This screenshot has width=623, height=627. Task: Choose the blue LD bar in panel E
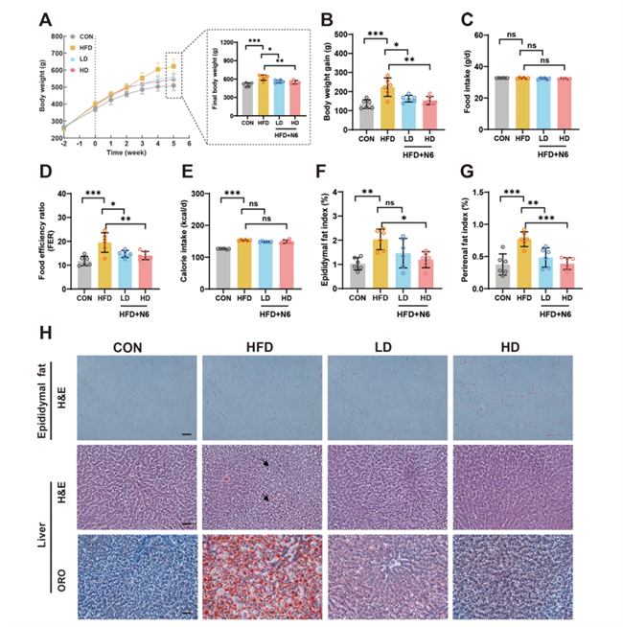click(265, 259)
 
